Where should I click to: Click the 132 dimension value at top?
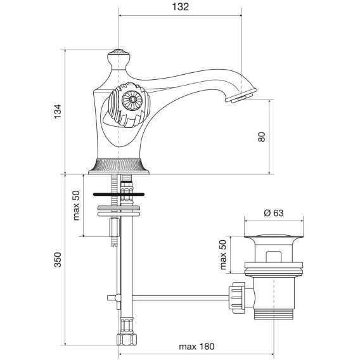click(180, 7)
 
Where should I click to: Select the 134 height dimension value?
click(58, 112)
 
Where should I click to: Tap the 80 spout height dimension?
click(262, 137)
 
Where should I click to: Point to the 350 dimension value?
click(58, 260)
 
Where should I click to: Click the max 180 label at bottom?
click(196, 347)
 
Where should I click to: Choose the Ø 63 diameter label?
click(273, 213)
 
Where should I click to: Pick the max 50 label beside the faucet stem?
click(76, 205)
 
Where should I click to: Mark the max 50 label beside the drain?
click(223, 255)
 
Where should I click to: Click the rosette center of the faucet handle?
click(132, 100)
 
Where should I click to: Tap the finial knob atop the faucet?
click(119, 59)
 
